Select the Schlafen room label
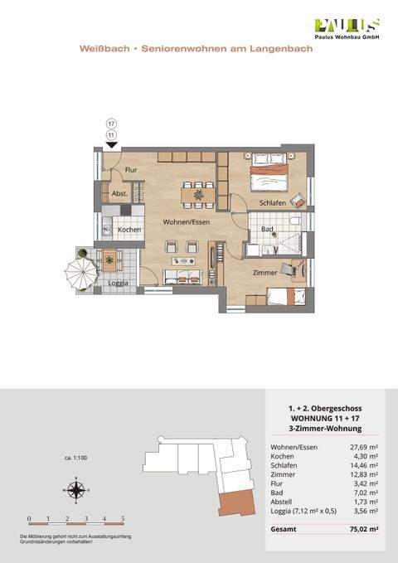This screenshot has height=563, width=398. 272,203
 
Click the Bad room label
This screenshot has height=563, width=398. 267,228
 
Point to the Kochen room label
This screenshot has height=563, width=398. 129,230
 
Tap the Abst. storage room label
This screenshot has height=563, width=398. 119,196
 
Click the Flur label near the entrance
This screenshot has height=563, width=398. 130,170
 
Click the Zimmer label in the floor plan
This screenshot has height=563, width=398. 265,271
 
